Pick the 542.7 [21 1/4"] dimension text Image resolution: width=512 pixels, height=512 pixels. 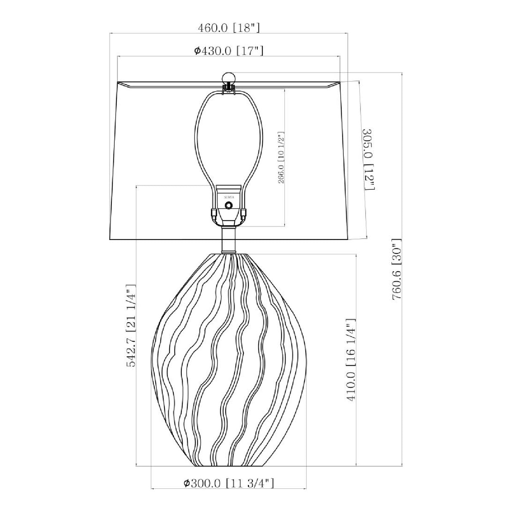coord(132,326)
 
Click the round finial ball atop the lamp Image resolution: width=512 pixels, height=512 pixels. coord(229,77)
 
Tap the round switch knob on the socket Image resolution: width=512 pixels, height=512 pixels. coord(229,205)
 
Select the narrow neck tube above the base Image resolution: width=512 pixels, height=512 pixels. coord(229,240)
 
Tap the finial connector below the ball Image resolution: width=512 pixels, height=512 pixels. coord(229,87)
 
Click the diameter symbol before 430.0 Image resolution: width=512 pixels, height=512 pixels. coord(197,51)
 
